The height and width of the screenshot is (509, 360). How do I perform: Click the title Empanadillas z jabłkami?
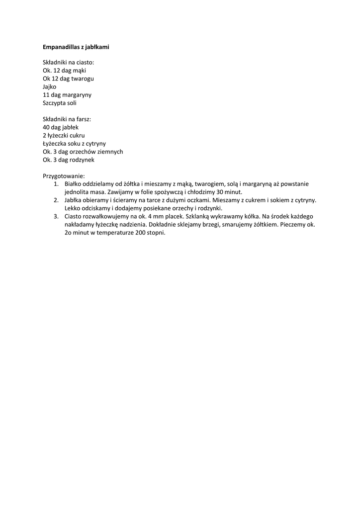76,47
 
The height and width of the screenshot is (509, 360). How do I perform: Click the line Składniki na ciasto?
68,63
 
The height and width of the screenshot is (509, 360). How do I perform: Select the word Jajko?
50,86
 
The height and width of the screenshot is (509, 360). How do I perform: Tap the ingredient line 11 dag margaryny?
67,94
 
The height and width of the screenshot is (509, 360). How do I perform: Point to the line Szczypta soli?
60,103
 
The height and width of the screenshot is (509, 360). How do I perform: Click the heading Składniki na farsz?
67,119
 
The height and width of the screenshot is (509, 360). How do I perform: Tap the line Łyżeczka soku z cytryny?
74,143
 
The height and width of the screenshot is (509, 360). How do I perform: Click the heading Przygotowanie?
64,176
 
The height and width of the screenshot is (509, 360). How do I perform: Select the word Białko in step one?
73,184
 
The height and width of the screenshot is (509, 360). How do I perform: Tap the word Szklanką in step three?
197,217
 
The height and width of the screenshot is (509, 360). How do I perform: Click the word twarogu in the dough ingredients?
84,79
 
